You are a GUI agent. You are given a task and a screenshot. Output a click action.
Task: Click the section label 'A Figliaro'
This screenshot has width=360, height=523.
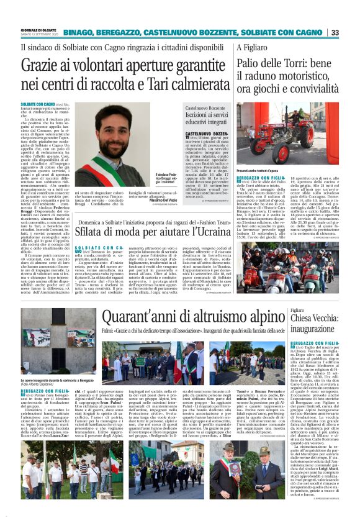251,47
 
